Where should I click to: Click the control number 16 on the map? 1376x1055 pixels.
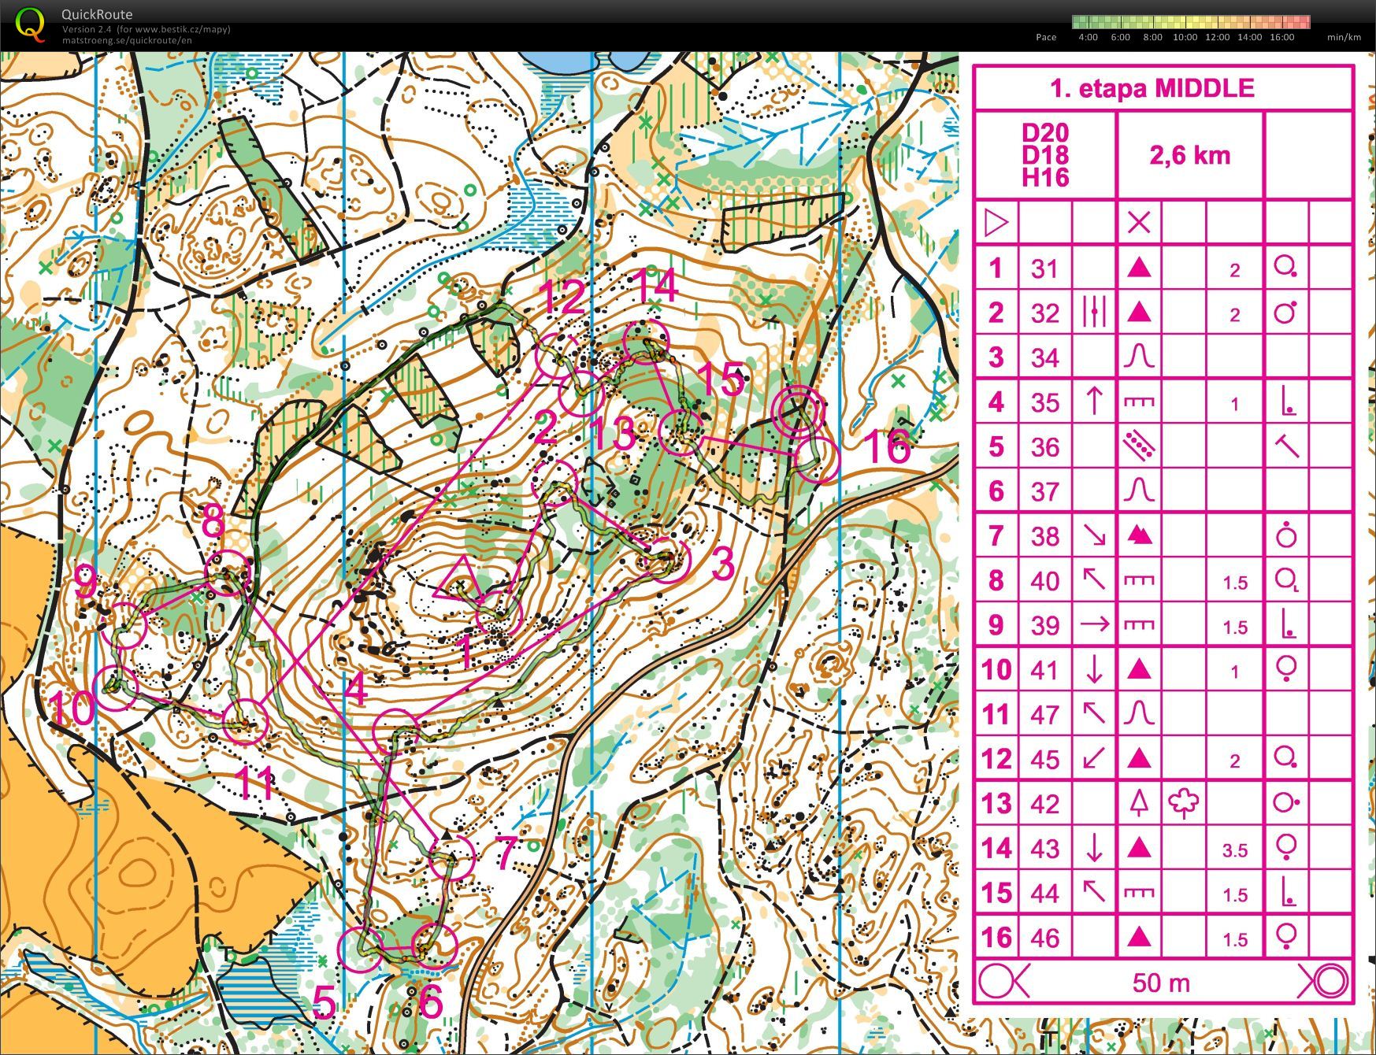click(887, 446)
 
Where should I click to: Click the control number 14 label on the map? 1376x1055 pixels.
click(655, 285)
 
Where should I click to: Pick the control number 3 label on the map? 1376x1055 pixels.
click(721, 564)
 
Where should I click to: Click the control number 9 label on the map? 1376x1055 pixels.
click(87, 583)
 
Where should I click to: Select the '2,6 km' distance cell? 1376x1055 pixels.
click(1189, 155)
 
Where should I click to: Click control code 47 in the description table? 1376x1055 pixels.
click(1044, 715)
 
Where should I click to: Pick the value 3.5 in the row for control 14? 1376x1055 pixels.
click(1234, 850)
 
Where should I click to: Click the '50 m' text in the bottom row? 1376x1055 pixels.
click(1161, 983)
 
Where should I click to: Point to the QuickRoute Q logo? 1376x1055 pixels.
click(30, 24)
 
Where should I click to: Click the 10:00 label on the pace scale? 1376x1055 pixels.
click(1184, 37)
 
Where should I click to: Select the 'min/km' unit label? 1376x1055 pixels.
click(1343, 37)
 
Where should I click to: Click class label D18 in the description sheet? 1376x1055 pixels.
click(1045, 155)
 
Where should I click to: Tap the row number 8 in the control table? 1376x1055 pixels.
click(996, 581)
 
